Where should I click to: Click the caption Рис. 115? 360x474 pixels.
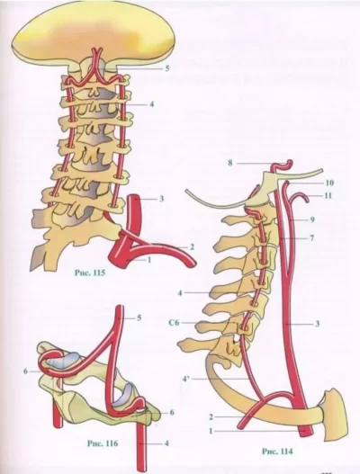point(90,273)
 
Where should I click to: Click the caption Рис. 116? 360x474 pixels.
point(103,443)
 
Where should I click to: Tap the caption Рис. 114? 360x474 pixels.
point(277,452)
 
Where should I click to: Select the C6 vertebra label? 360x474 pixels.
point(174,323)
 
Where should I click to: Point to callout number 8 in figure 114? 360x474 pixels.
point(230,163)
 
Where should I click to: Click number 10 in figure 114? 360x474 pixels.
point(330,183)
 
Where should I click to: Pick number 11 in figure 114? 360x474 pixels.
point(328,195)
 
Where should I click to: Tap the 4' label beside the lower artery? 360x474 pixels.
point(186,379)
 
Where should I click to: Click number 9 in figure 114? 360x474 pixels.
point(312,219)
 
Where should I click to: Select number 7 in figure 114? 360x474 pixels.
point(312,238)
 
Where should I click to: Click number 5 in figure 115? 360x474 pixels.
point(167,68)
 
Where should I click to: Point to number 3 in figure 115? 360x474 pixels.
point(162,199)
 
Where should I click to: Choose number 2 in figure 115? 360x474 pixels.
point(192,247)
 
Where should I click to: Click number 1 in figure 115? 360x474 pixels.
point(148,259)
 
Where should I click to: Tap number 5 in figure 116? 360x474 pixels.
point(139,317)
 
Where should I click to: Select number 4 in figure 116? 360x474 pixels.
point(166,443)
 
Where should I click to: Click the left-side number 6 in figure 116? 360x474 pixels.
point(26,371)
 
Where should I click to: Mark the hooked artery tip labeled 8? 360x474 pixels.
point(291,164)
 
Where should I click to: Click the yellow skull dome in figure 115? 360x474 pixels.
point(94,33)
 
